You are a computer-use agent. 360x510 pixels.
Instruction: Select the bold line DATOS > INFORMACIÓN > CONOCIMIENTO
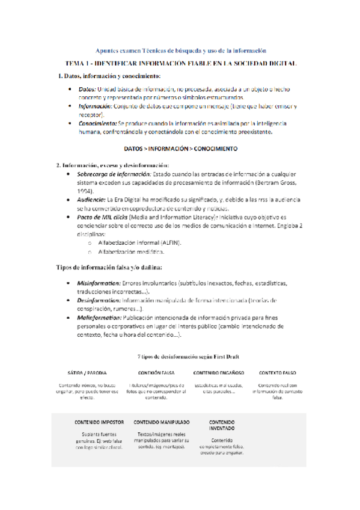pyautogui.click(x=180, y=147)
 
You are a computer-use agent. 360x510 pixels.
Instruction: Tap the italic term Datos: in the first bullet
pyautogui.click(x=87, y=89)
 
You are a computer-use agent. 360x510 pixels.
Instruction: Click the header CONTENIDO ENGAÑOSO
pyautogui.click(x=218, y=373)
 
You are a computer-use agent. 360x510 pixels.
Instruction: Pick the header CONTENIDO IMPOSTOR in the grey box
pyautogui.click(x=99, y=422)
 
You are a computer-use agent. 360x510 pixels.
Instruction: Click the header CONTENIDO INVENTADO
pyautogui.click(x=222, y=426)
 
